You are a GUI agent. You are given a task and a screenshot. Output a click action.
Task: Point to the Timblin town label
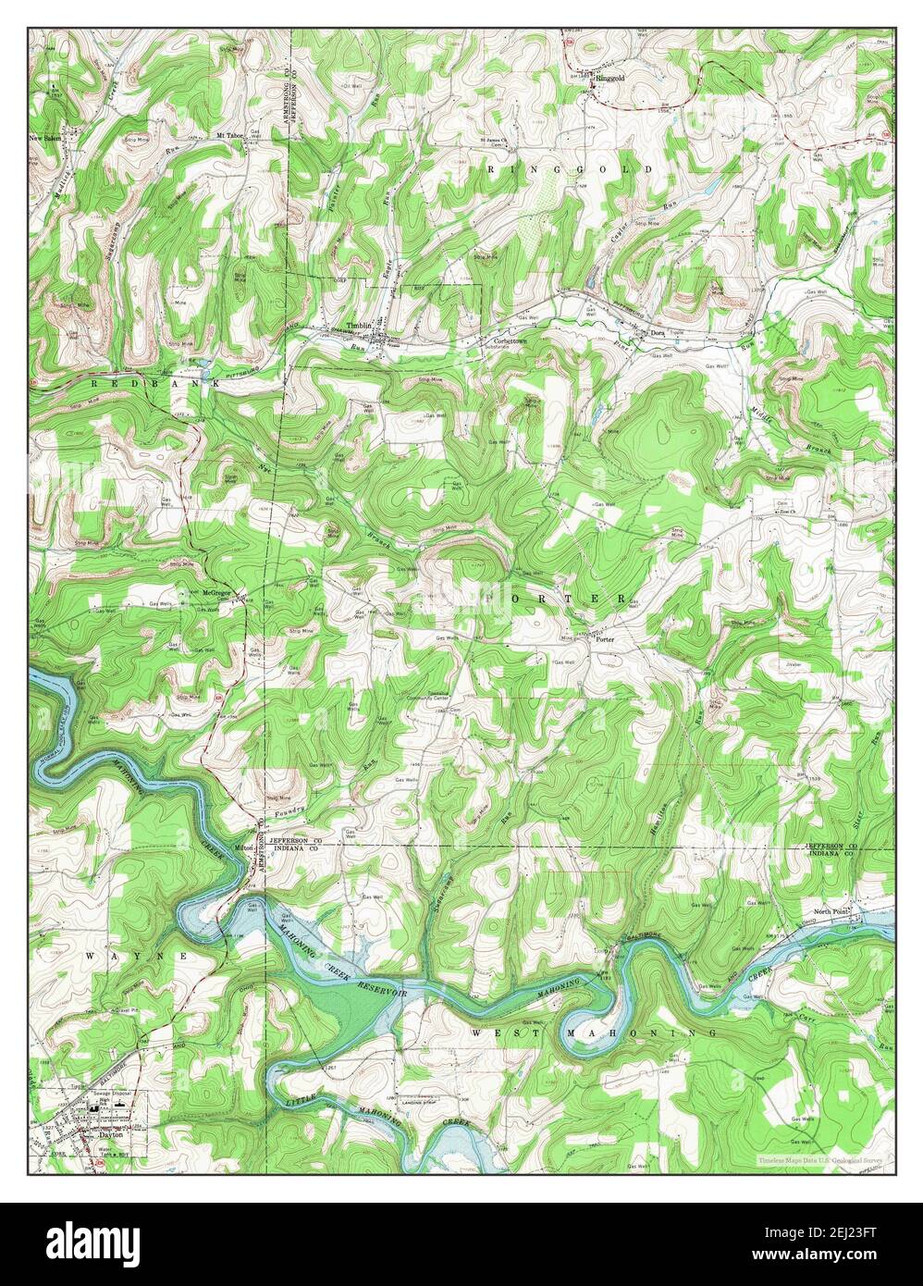point(358,325)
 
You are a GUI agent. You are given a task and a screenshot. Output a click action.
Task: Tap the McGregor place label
point(215,591)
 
